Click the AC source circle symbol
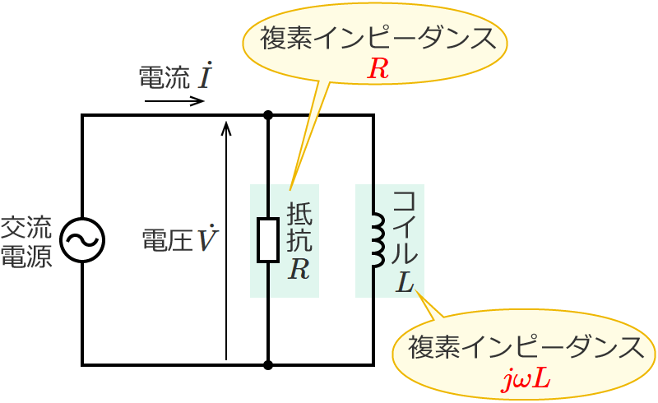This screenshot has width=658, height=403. click(x=82, y=239)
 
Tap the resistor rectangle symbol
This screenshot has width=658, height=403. click(x=268, y=239)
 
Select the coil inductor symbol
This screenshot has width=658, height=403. click(x=377, y=240)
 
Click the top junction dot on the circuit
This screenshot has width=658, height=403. click(x=268, y=115)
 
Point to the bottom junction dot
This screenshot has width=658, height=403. click(x=268, y=364)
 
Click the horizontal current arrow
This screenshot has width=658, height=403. click(x=174, y=102)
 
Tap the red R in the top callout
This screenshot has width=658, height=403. click(x=378, y=69)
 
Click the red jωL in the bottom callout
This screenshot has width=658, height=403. click(x=526, y=380)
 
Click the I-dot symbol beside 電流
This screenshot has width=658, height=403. click(x=206, y=76)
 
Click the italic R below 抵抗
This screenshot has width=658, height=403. click(x=299, y=270)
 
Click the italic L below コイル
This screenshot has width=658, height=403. click(x=405, y=282)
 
